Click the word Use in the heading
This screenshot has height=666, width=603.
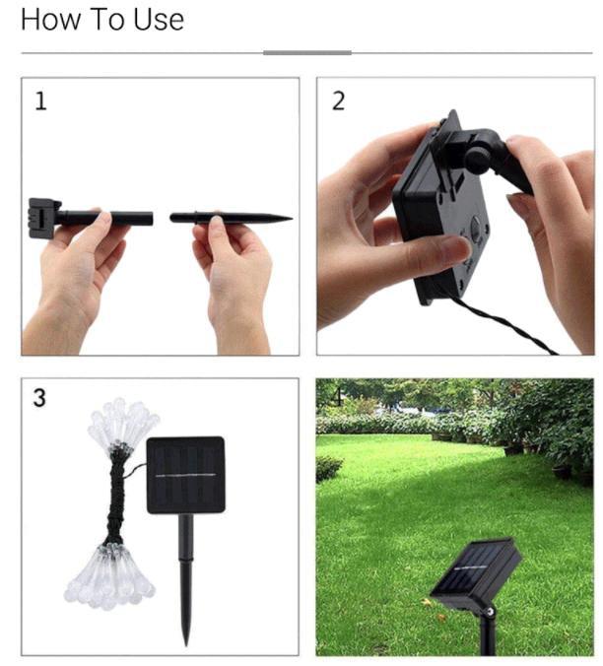(160, 19)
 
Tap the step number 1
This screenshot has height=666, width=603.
(40, 101)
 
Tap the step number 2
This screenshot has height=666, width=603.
(338, 101)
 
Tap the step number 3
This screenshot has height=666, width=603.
(40, 399)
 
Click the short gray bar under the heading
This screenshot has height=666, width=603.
(307, 52)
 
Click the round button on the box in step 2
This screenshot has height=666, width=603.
(476, 233)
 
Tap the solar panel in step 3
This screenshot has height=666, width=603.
(185, 475)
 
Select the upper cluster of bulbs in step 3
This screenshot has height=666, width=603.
(120, 424)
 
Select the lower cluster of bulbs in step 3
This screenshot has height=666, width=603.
(108, 574)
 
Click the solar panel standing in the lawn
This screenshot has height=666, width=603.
(475, 575)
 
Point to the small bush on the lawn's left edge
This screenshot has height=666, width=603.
(329, 467)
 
